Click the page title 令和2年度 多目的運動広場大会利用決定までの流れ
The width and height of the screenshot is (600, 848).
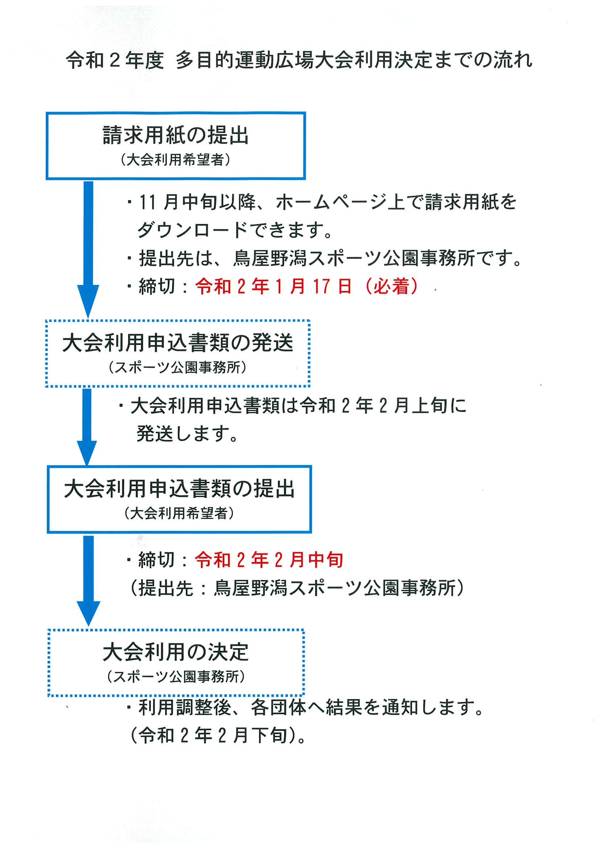click(299, 60)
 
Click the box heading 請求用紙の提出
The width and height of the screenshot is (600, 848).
click(176, 135)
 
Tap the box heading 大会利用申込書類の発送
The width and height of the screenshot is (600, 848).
click(177, 342)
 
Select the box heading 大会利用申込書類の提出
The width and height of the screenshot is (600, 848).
click(179, 489)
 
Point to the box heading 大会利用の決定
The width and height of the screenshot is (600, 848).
click(176, 652)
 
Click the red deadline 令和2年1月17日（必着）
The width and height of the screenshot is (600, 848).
click(307, 286)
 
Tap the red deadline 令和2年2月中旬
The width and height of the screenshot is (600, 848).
click(269, 560)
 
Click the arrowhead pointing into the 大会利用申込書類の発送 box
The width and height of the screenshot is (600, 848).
click(88, 301)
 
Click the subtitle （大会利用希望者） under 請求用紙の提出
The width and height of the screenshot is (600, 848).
click(176, 160)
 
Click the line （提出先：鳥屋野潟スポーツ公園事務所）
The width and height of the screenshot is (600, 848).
click(297, 587)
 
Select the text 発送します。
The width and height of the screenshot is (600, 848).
click(188, 433)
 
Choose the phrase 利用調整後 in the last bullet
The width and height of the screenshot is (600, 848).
click(185, 707)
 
